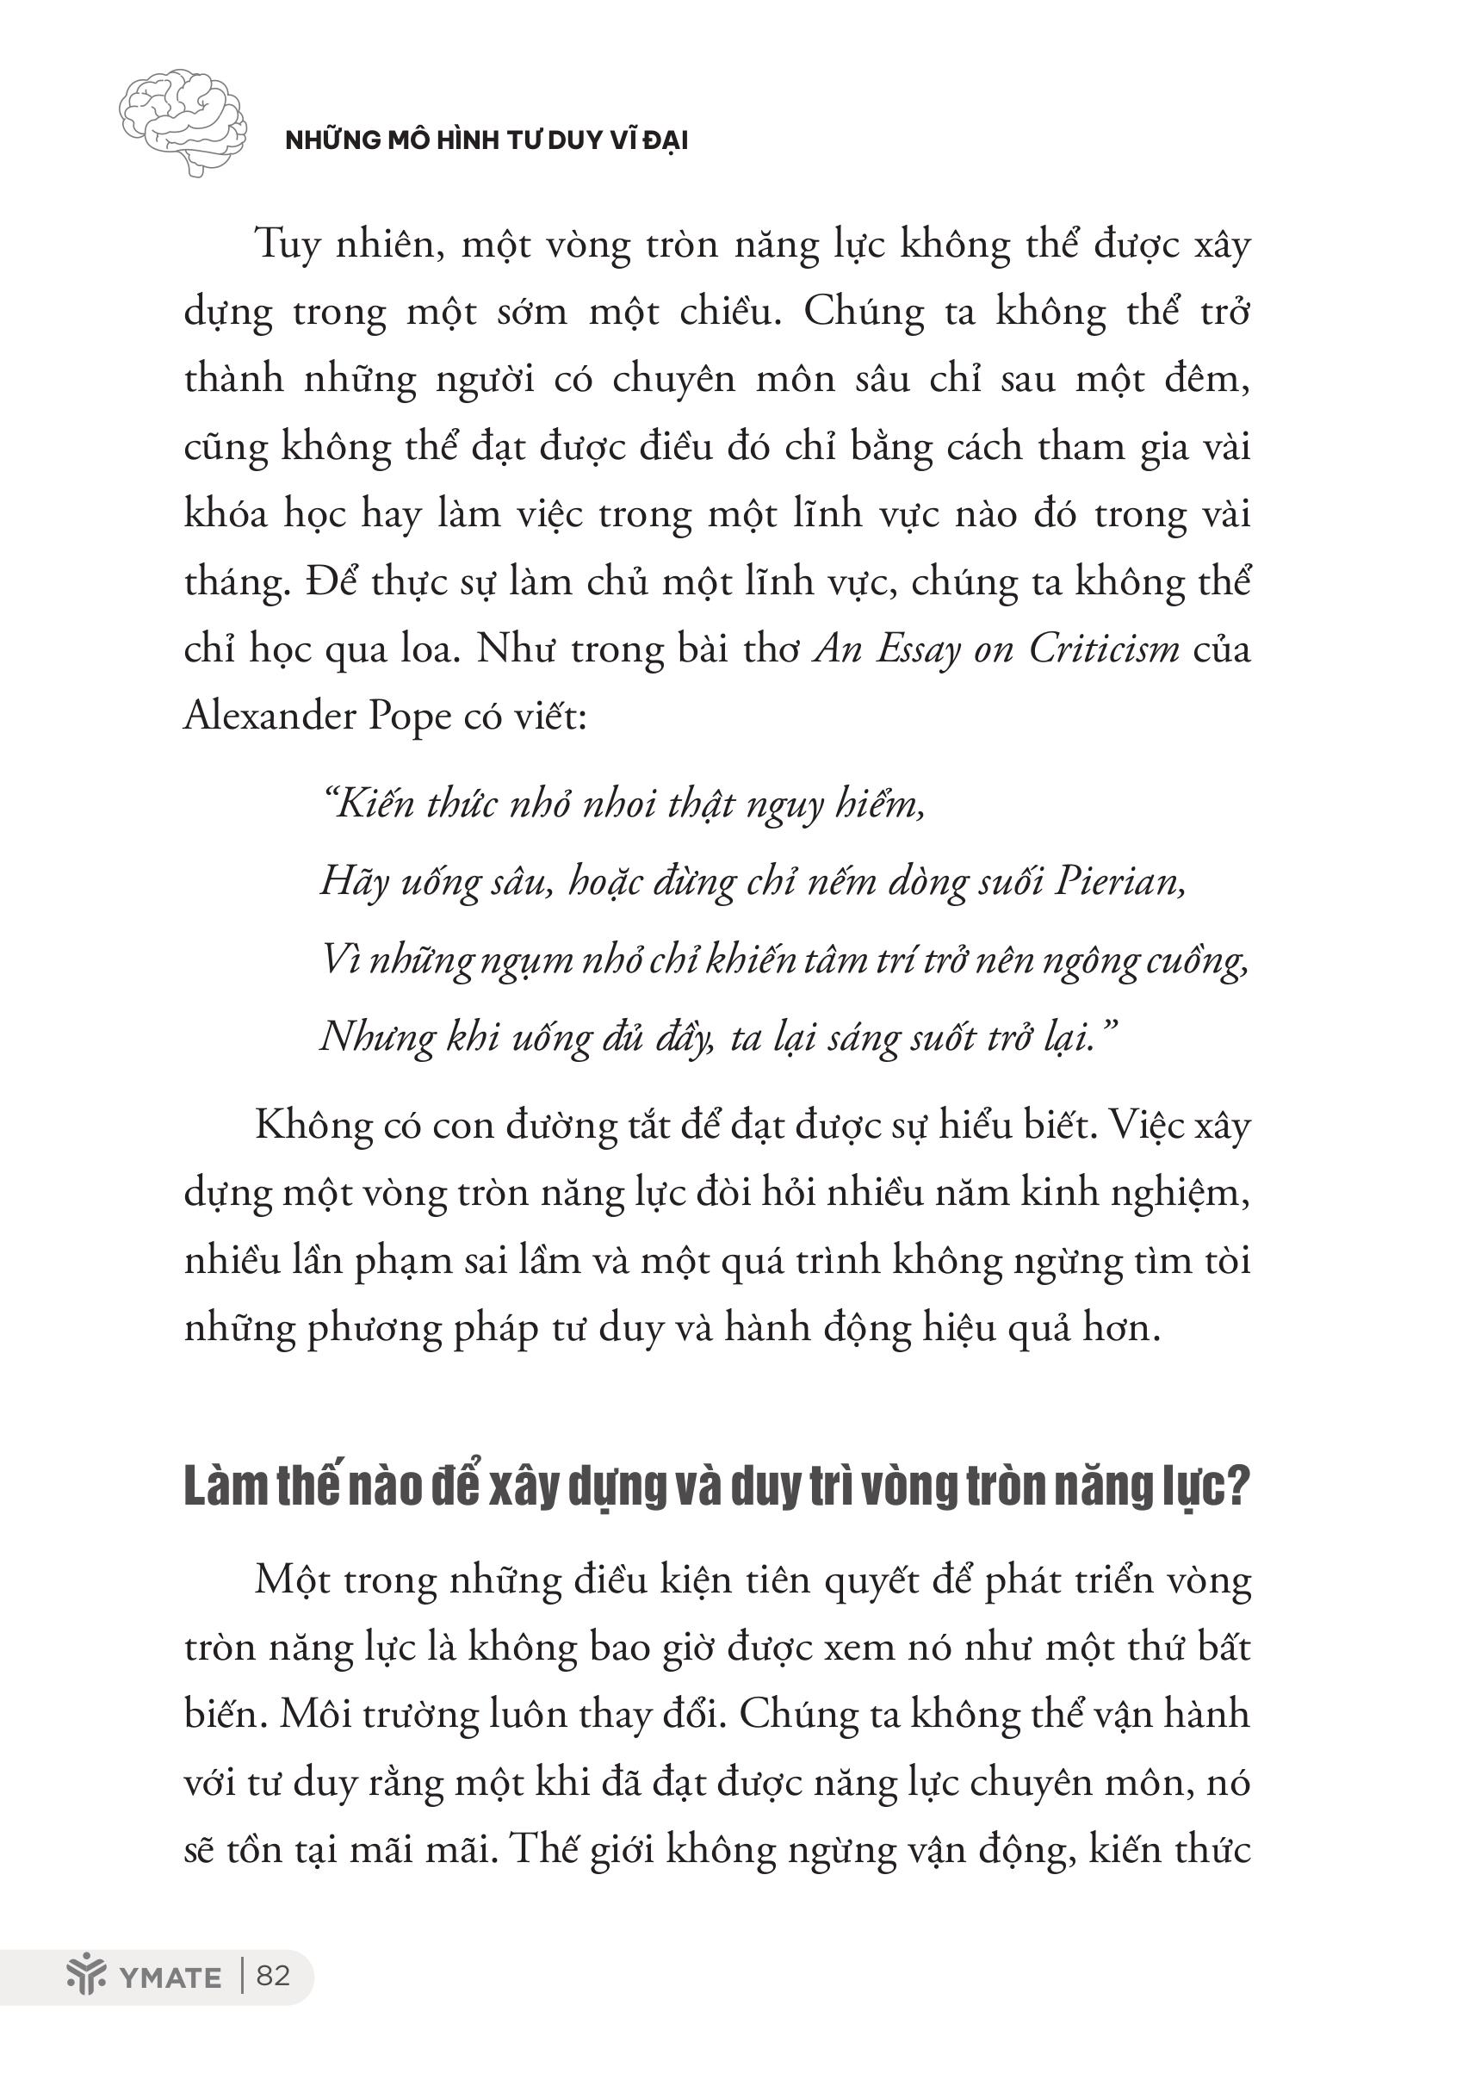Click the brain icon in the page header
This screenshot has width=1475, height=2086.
click(x=183, y=121)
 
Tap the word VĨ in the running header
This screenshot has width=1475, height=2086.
click(x=620, y=141)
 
